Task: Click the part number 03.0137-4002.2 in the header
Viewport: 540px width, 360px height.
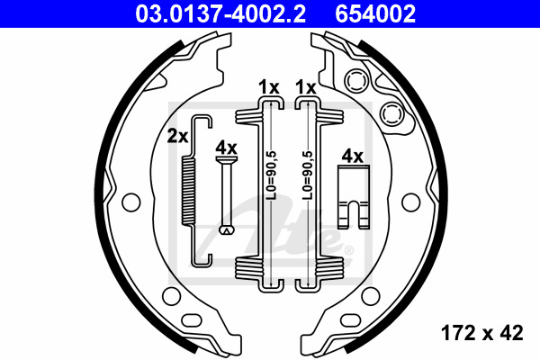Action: click(x=220, y=13)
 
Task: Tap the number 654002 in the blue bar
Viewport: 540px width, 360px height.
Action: click(x=375, y=13)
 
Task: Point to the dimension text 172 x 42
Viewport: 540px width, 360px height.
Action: click(x=482, y=333)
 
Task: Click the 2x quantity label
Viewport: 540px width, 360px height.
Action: click(x=177, y=136)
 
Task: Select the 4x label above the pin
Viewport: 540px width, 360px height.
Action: click(x=226, y=148)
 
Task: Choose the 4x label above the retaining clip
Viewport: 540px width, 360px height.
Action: click(x=352, y=157)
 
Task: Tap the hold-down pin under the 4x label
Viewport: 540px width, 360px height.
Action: click(x=226, y=195)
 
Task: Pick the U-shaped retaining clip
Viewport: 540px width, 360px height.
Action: click(x=354, y=197)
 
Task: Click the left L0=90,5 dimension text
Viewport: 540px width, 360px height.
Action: click(x=272, y=175)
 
